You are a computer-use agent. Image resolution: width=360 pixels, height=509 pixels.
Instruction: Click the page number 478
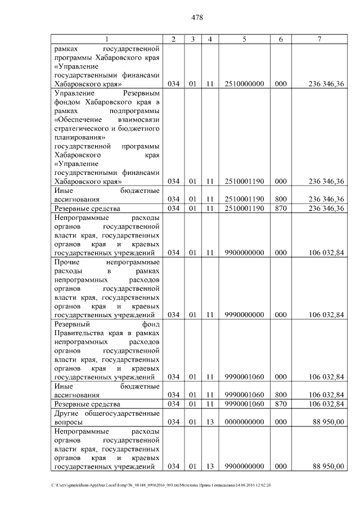[x=197, y=17]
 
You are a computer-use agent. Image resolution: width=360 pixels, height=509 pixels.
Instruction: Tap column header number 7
[x=319, y=39]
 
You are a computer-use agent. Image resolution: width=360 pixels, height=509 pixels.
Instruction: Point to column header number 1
[x=106, y=39]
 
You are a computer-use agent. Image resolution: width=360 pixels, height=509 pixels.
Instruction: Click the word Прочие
[x=67, y=262]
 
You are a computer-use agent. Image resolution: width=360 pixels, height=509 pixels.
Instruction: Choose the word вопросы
[x=67, y=422]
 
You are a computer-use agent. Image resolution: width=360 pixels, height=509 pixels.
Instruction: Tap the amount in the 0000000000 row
[x=328, y=422]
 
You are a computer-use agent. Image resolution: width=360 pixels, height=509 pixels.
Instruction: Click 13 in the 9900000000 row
[x=209, y=466]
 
